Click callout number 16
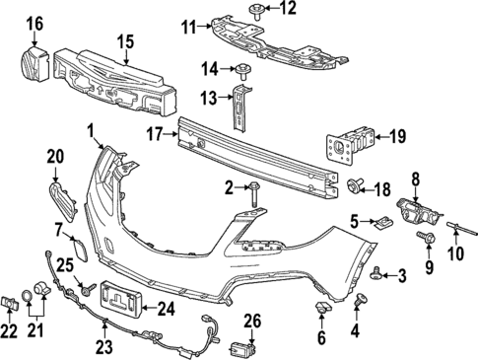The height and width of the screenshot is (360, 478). (34, 23)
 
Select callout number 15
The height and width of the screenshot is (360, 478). (124, 41)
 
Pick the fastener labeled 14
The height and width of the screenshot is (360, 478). (239, 68)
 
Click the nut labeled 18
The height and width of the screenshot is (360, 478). (355, 185)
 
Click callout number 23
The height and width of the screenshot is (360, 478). (104, 347)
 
